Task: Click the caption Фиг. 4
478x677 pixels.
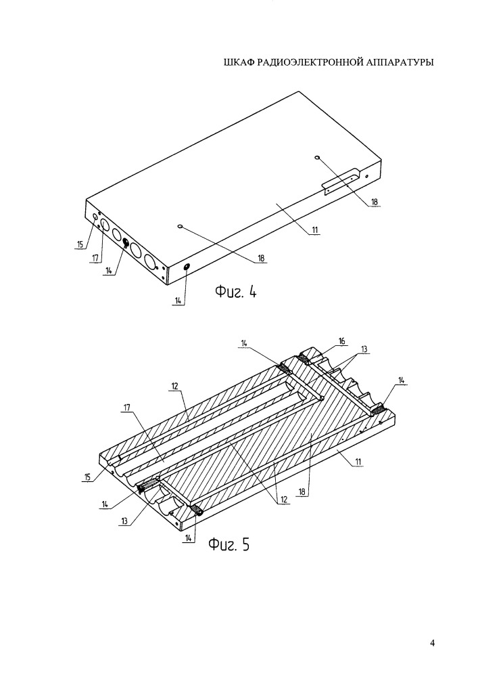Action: point(236,292)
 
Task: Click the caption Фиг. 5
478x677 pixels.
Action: point(229,545)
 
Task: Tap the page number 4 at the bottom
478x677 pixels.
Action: point(432,643)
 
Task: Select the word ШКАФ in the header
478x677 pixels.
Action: point(239,62)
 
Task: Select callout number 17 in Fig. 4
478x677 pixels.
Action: point(95,258)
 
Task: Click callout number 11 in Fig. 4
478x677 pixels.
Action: point(315,230)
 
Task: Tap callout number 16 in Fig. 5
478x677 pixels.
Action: point(342,341)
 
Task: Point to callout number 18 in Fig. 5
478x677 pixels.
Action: point(302,492)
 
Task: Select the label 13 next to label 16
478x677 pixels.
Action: point(364,349)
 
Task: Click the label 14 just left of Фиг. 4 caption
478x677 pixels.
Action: point(178,301)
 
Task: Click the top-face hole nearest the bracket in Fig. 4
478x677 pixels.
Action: point(317,157)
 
